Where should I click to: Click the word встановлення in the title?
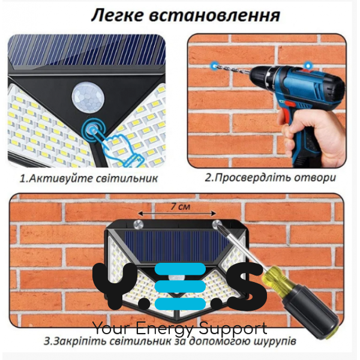pyautogui.click(x=215, y=16)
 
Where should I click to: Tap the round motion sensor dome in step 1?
pyautogui.click(x=88, y=98)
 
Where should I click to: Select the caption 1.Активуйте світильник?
pyautogui.click(x=89, y=179)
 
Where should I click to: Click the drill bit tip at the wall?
pyautogui.click(x=214, y=65)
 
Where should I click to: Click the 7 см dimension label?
pyautogui.click(x=181, y=206)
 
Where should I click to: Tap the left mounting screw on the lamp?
pyautogui.click(x=138, y=223)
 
